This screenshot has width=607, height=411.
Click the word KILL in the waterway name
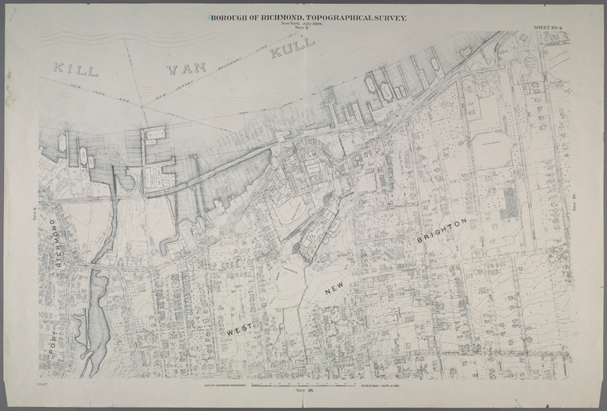click(x=75, y=69)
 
